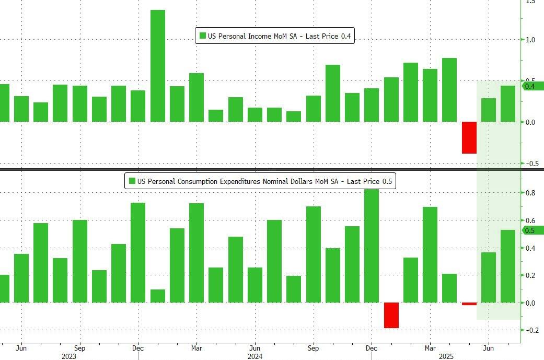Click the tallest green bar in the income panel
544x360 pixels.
(158, 66)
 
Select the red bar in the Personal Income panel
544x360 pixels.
(469, 137)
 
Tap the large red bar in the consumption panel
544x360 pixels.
(391, 315)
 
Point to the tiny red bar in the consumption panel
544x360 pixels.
(469, 304)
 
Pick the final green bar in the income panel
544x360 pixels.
(508, 103)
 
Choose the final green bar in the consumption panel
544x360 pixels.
(508, 266)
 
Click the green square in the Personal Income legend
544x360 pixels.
(202, 36)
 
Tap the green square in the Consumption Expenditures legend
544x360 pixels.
(132, 181)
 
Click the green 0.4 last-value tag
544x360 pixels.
(533, 86)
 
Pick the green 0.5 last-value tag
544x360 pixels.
(533, 230)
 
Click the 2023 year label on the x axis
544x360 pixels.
(68, 356)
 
